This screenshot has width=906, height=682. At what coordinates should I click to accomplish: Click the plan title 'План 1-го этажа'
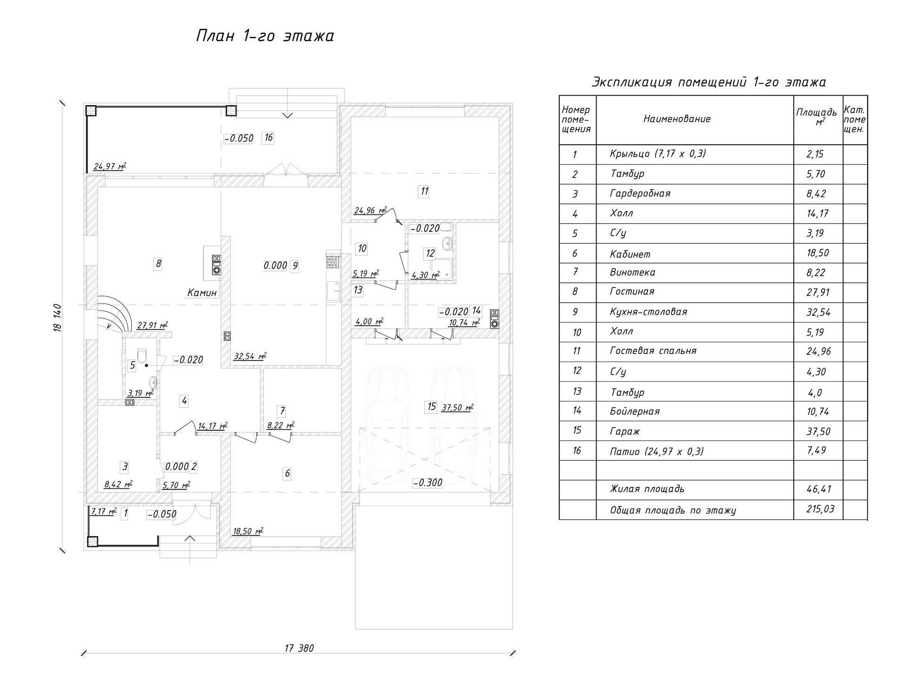[x=265, y=36]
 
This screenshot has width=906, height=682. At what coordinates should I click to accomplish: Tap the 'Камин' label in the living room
[x=202, y=293]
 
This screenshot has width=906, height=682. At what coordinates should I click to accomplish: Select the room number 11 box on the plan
[x=424, y=191]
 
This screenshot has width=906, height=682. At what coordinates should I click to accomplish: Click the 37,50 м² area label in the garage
[x=457, y=408]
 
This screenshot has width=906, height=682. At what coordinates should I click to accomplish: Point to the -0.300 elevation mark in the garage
[x=428, y=482]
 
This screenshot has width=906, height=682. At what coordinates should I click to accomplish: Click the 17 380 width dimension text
[x=299, y=648]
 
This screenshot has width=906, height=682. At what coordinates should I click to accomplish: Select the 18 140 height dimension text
[x=58, y=318]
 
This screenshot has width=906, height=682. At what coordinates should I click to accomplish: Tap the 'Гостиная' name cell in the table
[x=632, y=292]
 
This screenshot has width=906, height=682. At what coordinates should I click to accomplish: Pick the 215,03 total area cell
[x=820, y=509]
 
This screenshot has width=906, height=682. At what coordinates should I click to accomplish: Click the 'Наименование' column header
[x=677, y=119]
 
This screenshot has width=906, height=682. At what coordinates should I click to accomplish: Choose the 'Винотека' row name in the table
[x=632, y=272]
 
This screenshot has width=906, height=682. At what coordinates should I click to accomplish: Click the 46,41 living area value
[x=818, y=489]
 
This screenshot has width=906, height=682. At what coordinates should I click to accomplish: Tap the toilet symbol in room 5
[x=142, y=356]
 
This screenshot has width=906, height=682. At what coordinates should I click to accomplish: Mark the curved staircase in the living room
[x=113, y=313]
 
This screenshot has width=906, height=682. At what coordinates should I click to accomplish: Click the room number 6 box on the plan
[x=287, y=473]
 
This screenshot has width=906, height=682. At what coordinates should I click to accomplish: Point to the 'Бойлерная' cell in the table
[x=635, y=411]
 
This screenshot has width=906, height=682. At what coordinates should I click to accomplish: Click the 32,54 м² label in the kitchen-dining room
[x=250, y=356]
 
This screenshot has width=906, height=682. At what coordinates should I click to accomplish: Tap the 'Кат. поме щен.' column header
[x=855, y=119]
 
